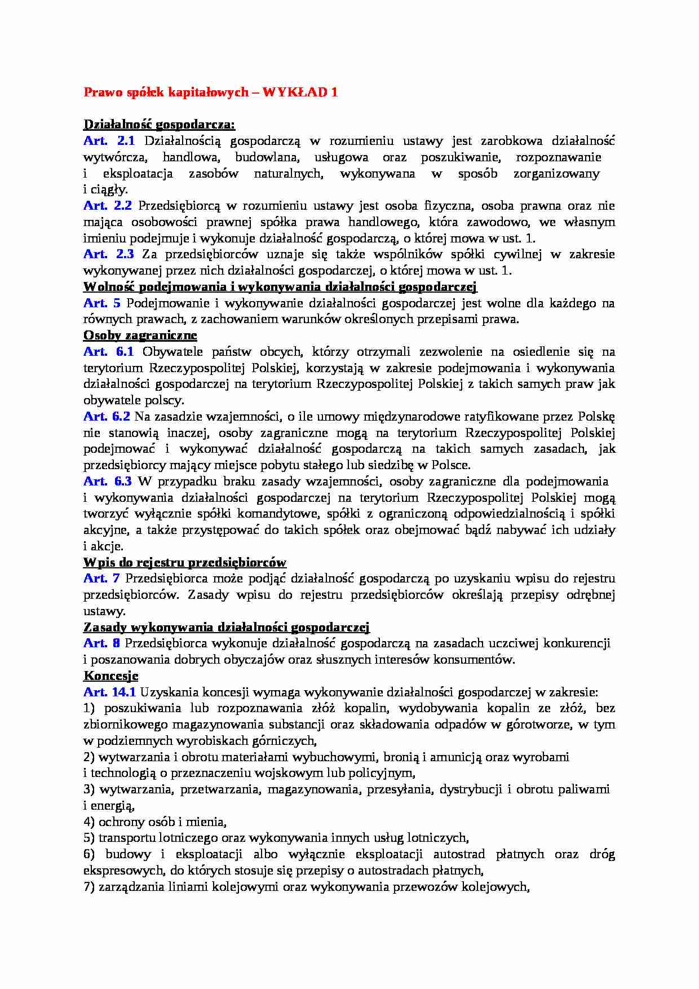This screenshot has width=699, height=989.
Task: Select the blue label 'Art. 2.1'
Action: click(109, 141)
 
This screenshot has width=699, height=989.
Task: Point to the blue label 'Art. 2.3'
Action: click(109, 254)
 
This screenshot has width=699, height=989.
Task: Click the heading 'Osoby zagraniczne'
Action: click(140, 335)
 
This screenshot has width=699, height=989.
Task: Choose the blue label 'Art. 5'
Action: click(102, 303)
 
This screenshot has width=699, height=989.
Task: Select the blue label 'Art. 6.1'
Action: click(109, 352)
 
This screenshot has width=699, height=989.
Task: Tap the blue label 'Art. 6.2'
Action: click(107, 417)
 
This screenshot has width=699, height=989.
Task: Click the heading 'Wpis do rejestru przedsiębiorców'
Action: click(184, 563)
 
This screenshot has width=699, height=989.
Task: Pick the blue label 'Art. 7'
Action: click(101, 579)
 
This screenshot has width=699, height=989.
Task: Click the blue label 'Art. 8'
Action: click(101, 643)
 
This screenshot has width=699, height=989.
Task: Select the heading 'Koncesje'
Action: click(110, 676)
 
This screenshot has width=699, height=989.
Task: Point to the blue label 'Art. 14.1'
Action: click(109, 692)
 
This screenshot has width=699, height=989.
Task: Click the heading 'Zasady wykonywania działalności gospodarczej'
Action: click(226, 628)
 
